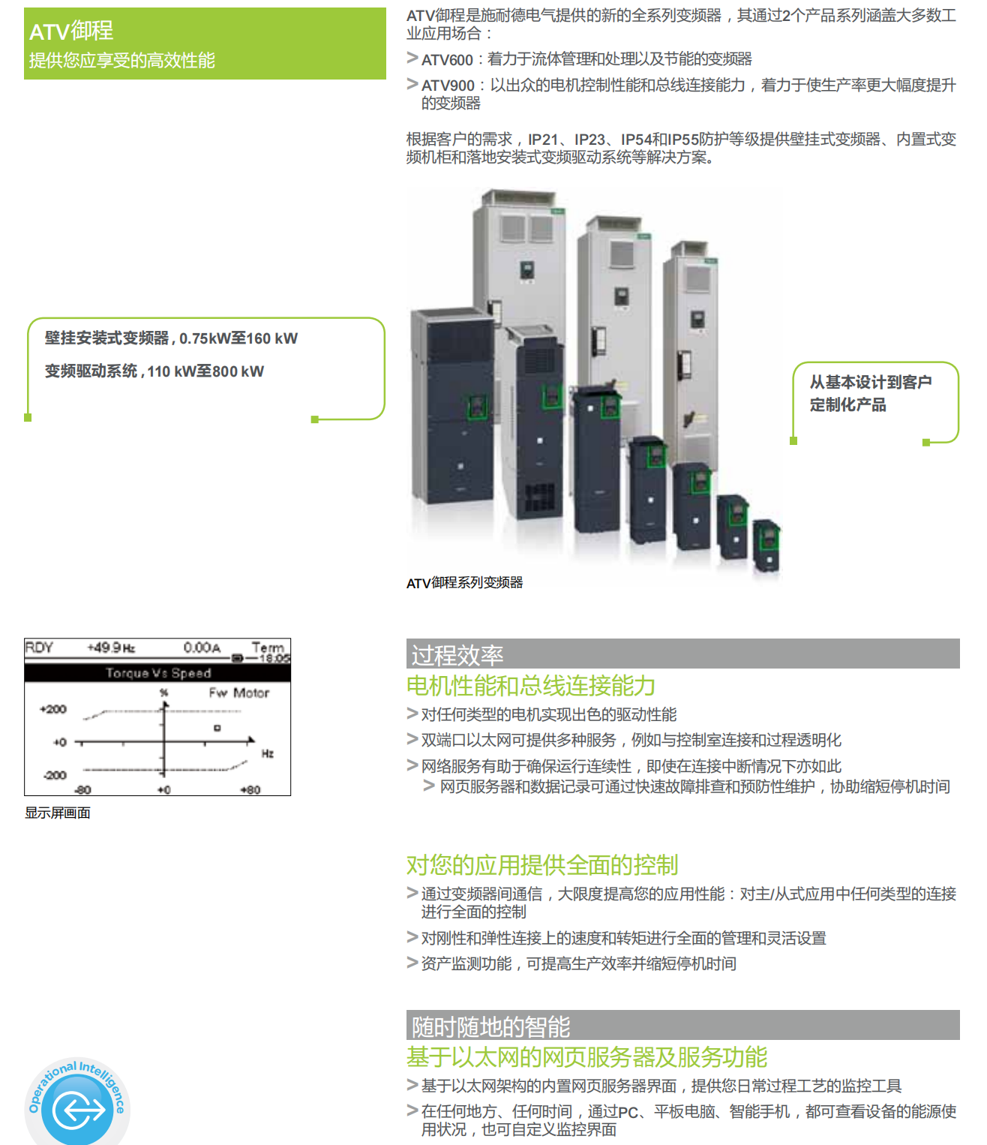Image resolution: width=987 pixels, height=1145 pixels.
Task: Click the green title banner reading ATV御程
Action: click(x=205, y=44)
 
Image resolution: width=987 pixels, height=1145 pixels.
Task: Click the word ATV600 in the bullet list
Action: click(x=447, y=60)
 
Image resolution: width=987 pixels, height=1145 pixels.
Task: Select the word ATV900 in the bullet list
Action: click(x=448, y=86)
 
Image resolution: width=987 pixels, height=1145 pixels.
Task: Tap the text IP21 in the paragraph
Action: click(x=543, y=140)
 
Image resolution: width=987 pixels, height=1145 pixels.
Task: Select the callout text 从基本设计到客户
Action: click(x=871, y=382)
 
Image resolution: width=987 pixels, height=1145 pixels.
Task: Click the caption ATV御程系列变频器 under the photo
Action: click(x=464, y=583)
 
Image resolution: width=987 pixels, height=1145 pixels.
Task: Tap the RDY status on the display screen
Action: click(x=39, y=648)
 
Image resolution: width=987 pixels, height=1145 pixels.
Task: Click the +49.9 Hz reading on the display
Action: click(x=111, y=648)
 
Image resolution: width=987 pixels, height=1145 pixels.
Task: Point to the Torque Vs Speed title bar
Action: click(x=157, y=673)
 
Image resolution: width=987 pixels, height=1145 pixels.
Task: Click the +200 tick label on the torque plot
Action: click(x=53, y=710)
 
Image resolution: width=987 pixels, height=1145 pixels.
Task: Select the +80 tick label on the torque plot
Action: click(x=250, y=790)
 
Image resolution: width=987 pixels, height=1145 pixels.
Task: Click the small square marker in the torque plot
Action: click(x=217, y=729)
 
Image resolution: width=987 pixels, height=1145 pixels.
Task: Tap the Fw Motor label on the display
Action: click(x=239, y=693)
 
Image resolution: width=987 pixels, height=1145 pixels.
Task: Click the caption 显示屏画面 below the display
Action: click(x=58, y=813)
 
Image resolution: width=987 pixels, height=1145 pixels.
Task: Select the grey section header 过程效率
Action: click(x=682, y=654)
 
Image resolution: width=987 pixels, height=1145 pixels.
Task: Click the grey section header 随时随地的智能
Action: click(x=682, y=1026)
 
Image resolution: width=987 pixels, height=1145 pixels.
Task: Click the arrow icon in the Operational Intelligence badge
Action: click(x=78, y=1110)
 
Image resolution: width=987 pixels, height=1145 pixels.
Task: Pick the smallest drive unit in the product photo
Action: click(x=767, y=545)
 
